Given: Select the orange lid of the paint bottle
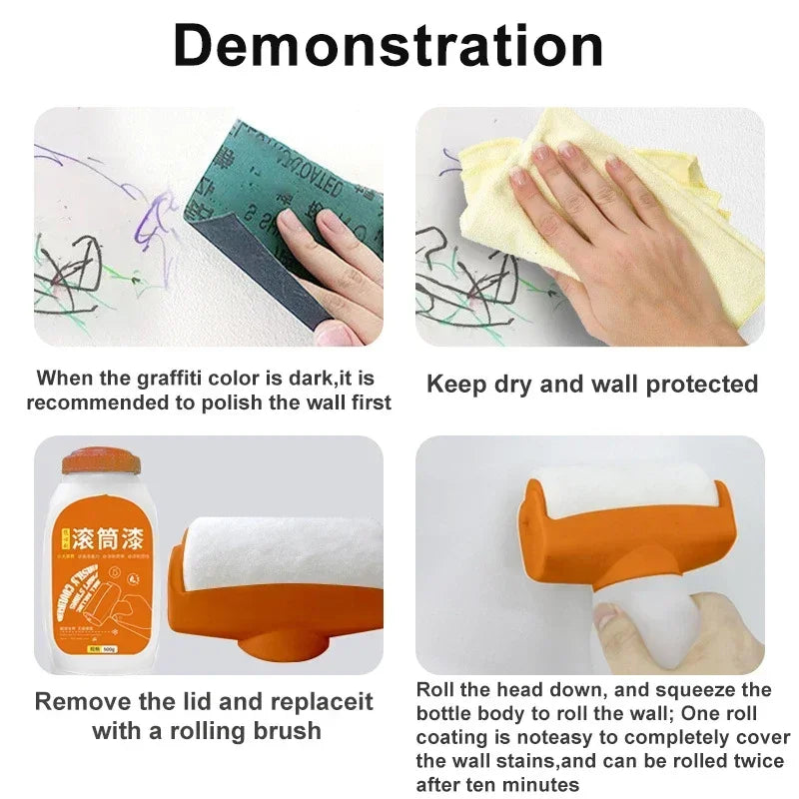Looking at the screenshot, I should coord(101,460).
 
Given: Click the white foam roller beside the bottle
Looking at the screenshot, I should coord(280,554).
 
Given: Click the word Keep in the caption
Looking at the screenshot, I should coord(455,384).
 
